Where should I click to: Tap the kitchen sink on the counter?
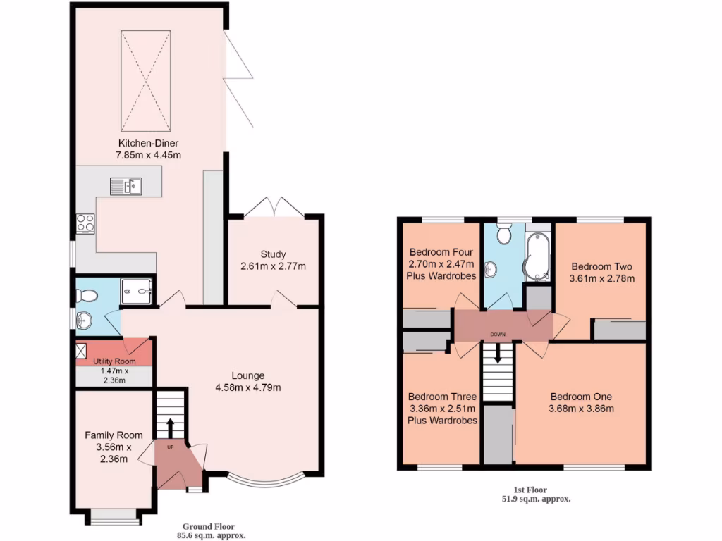coord(126,186)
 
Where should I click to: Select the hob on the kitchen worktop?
coord(85,223)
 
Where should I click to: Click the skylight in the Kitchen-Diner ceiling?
coord(145,81)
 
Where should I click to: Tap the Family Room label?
coord(109,435)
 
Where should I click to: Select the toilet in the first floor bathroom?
coord(503,235)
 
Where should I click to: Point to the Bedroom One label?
coord(582,396)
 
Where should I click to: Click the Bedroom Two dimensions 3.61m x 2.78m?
coord(601,278)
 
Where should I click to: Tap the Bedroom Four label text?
coord(441,252)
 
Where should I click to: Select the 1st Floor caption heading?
coord(530,490)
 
